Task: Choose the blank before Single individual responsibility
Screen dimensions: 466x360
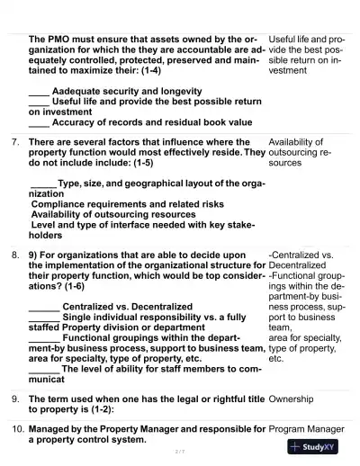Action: click(x=43, y=318)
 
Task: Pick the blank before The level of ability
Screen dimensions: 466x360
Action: click(x=43, y=369)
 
